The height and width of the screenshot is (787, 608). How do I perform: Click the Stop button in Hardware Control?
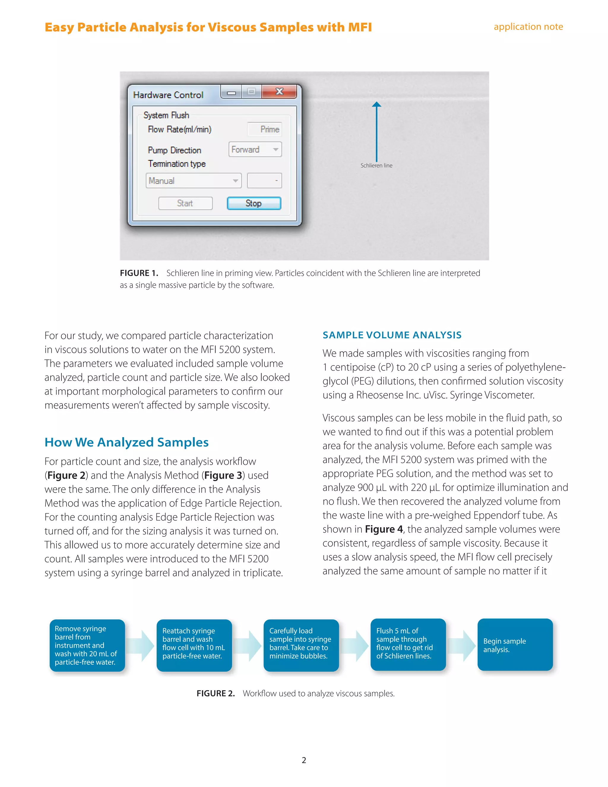click(254, 203)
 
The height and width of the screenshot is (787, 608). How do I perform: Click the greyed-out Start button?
click(185, 203)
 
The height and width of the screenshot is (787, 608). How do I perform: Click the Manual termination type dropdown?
click(194, 181)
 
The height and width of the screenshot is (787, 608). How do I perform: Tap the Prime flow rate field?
click(265, 129)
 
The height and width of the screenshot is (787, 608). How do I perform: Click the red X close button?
click(279, 91)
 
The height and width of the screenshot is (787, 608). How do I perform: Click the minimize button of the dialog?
click(231, 93)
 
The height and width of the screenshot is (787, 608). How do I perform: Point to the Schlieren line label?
click(376, 165)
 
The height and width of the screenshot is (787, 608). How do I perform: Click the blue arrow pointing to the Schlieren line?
click(377, 132)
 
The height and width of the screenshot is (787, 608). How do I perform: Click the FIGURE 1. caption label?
click(139, 273)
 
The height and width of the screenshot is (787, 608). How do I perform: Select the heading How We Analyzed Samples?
click(126, 442)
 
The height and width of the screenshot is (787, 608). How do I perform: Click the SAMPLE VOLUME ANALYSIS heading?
click(392, 335)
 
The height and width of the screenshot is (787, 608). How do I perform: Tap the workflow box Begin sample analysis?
click(515, 645)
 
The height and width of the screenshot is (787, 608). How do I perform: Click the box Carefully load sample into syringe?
click(301, 645)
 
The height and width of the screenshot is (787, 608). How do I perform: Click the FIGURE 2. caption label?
click(216, 693)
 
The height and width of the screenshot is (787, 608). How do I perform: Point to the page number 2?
click(304, 760)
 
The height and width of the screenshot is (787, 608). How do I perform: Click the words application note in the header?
click(528, 27)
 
